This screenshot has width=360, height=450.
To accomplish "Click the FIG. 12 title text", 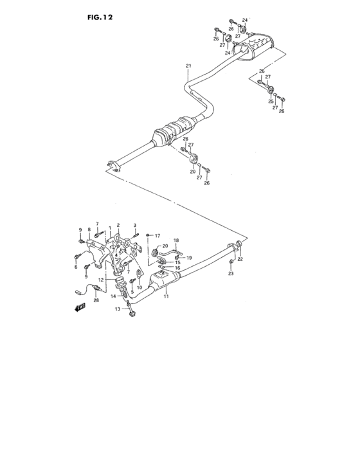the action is [x=100, y=17].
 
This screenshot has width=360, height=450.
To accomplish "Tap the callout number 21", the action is [x=188, y=66].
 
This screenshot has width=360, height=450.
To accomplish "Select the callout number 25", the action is [x=271, y=102].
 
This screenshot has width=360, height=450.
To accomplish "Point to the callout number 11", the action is [x=166, y=296].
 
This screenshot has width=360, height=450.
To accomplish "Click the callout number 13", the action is [x=118, y=309].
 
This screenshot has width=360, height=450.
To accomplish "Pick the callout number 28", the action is [x=96, y=300].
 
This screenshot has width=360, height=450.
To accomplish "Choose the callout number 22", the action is [x=240, y=259].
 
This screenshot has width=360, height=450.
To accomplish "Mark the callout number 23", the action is [x=231, y=273].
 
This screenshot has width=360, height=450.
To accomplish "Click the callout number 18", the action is [x=176, y=240].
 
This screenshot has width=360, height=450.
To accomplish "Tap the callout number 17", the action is [x=157, y=236].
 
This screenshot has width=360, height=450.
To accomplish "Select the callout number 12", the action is [x=101, y=280].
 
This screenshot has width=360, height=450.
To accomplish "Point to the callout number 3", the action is [x=134, y=225].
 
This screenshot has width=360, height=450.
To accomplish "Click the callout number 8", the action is [x=89, y=230].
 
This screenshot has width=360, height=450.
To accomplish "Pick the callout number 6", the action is [x=76, y=267].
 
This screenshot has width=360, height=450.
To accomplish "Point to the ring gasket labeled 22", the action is [x=239, y=244].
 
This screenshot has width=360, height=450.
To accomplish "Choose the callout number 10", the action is [x=139, y=287].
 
